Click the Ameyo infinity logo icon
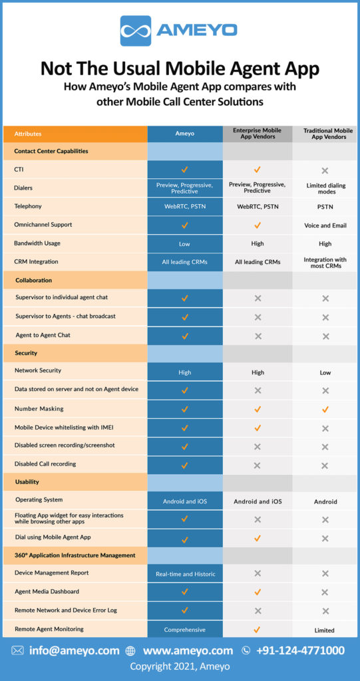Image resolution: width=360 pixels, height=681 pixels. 136,31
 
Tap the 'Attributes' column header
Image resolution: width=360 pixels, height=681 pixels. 28,134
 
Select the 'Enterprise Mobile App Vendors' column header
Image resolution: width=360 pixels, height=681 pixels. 257,133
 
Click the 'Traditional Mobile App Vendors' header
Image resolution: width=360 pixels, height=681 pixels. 325,134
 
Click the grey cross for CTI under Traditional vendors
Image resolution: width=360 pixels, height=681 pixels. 325,170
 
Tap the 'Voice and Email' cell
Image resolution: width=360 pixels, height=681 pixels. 325,225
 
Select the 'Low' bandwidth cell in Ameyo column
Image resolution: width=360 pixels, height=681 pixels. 184,244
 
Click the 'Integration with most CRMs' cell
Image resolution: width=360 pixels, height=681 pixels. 325,262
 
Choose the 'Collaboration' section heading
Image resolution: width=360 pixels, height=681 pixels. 33,280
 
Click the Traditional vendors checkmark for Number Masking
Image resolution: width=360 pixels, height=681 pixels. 325,409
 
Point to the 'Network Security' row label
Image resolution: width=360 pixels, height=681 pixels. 38,370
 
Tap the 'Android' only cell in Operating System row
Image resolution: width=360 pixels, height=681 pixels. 325,501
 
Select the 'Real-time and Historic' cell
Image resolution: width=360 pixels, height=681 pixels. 186,574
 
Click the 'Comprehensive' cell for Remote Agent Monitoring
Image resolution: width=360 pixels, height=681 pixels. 185,630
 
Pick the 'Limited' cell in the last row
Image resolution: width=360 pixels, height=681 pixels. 324,630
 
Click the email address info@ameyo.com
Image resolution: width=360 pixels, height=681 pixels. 74,650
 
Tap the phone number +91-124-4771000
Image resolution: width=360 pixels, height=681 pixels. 300,650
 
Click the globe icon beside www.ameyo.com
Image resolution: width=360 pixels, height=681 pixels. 130,650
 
